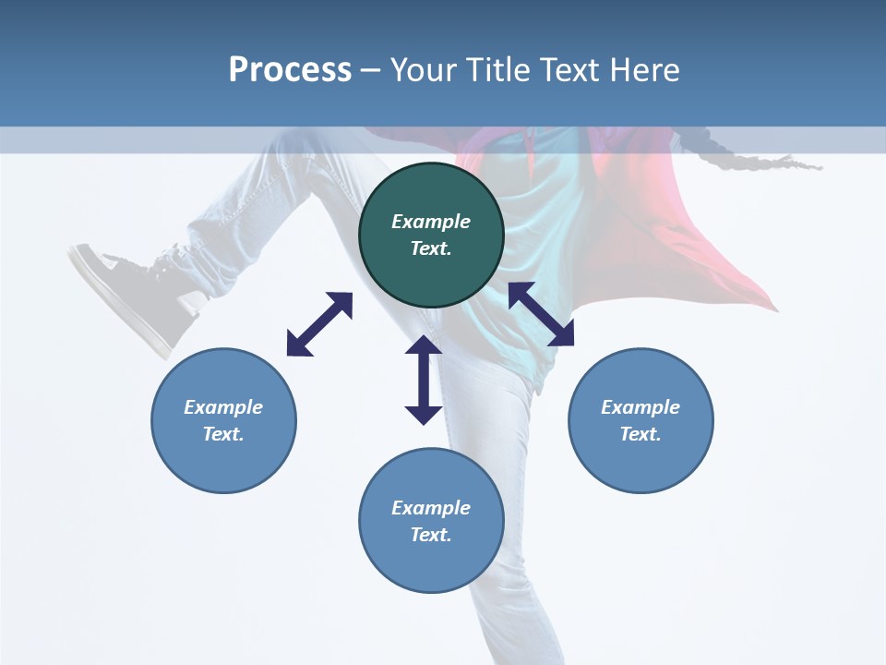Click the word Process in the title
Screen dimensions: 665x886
point(290,70)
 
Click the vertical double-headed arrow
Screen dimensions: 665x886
point(424,380)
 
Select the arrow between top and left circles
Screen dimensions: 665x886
point(319,324)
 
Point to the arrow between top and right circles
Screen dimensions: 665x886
point(542,314)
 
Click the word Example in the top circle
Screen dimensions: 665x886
point(431,222)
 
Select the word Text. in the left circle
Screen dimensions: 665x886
point(223,434)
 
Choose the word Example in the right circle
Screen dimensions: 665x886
point(641,407)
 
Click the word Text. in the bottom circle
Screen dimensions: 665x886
point(431,535)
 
